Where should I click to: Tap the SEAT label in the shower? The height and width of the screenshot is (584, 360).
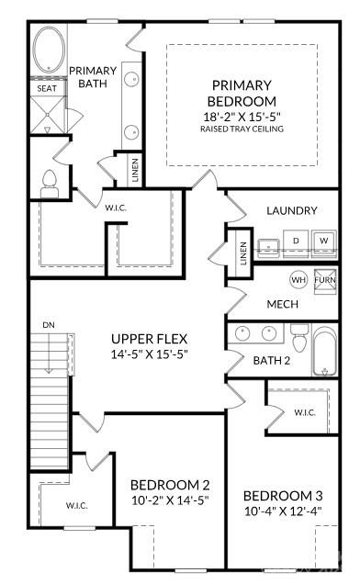point(47,88)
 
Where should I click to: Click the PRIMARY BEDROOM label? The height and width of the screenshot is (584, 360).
point(242,92)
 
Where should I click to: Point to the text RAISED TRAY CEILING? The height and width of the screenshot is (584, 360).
point(242,129)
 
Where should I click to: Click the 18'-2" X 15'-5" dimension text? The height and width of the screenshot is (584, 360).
point(242,117)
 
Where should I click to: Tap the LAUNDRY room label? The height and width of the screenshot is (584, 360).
point(292,210)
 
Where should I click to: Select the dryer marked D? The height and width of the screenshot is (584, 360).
point(296,241)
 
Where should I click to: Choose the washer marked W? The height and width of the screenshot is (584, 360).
point(323,241)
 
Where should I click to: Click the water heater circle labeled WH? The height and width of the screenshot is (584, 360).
point(298,279)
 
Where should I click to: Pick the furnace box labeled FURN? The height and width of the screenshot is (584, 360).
point(325,279)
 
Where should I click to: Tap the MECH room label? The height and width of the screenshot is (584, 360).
point(280,304)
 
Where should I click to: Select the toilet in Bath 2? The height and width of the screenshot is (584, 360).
point(298,334)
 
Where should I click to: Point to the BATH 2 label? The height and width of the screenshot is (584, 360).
point(272,360)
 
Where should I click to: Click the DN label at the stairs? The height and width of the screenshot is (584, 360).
point(48,325)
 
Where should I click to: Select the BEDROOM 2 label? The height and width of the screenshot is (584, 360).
point(170,485)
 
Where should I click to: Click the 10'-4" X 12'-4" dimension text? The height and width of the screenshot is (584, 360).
point(282,510)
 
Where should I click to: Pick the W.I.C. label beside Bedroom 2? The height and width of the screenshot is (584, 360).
point(76,505)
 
